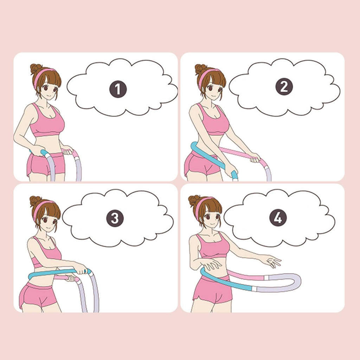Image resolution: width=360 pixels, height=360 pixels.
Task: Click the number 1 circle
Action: [x=118, y=89]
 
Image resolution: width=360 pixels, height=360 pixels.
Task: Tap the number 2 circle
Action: [x=284, y=86]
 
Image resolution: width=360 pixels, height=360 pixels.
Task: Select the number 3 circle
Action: [x=115, y=218]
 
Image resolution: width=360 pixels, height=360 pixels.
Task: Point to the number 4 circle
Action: [x=278, y=218]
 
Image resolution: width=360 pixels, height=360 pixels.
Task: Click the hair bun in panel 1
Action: [x=36, y=69]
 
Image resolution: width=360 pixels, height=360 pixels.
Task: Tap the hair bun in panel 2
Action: [x=201, y=69]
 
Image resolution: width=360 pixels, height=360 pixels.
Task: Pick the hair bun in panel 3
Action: [x=36, y=201]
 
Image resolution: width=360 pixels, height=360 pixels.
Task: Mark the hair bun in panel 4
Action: [x=194, y=200]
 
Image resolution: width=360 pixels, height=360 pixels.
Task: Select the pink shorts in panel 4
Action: [x=212, y=289]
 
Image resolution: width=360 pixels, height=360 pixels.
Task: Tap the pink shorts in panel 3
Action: [x=38, y=295]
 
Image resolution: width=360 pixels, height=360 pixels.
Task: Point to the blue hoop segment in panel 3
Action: [x=57, y=273]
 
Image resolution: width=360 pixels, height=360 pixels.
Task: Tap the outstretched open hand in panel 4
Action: [x=272, y=261]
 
